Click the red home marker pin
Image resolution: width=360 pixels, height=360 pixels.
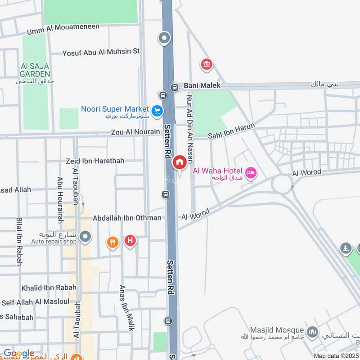click(180, 162)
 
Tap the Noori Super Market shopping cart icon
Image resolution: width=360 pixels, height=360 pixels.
click(157, 110)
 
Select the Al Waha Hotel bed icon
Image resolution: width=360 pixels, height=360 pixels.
click(251, 172)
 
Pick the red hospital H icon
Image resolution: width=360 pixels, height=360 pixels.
click(130, 241)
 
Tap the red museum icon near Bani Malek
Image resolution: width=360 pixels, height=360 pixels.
click(207, 65)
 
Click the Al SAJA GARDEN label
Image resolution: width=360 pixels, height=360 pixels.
click(35, 70)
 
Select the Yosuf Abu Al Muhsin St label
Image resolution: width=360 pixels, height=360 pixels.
click(101, 51)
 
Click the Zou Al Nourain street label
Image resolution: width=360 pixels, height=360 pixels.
click(135, 132)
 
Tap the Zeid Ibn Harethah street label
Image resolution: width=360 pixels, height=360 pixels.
click(94, 161)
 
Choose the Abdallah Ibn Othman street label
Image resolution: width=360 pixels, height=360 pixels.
click(127, 218)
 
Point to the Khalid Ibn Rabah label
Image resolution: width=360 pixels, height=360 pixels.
click(49, 288)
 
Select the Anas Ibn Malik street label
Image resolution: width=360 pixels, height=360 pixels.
click(126, 308)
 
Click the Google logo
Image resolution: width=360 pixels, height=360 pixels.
click(19, 353)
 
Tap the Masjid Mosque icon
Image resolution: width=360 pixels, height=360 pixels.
click(313, 333)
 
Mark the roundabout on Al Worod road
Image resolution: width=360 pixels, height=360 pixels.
click(282, 183)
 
